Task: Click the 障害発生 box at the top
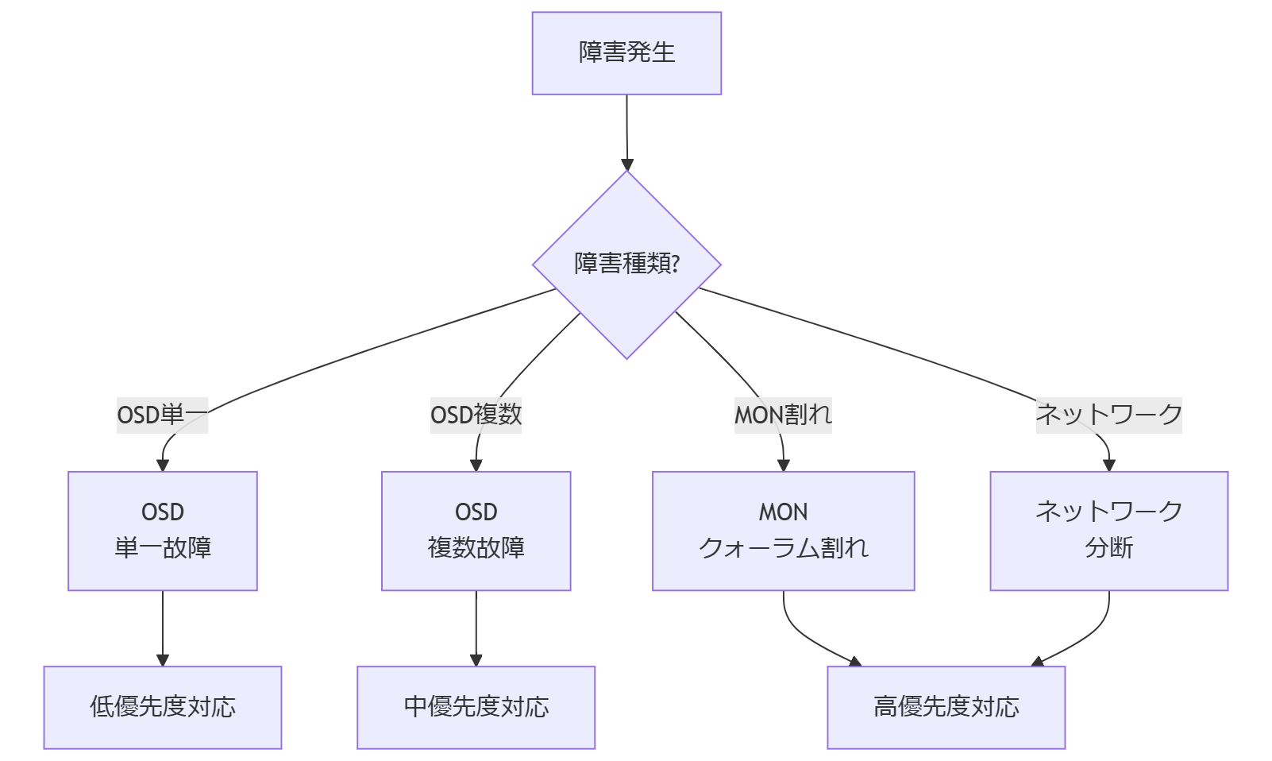(626, 53)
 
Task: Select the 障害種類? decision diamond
(626, 265)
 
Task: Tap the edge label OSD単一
(162, 415)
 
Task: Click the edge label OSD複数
(476, 415)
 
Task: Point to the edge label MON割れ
(783, 415)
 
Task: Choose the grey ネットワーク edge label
(1108, 415)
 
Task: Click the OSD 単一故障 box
(163, 531)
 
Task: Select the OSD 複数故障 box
(476, 531)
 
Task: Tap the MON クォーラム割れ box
(783, 531)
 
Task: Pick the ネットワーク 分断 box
(1108, 531)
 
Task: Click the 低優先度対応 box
(163, 707)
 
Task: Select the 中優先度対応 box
(476, 707)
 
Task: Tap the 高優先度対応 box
(946, 707)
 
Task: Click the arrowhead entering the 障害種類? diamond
(627, 164)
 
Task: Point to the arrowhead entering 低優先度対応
(163, 660)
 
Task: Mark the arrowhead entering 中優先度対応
(476, 660)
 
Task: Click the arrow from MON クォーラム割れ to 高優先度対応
(802, 635)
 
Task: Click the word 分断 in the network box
(1108, 548)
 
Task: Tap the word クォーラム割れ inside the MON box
(783, 548)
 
